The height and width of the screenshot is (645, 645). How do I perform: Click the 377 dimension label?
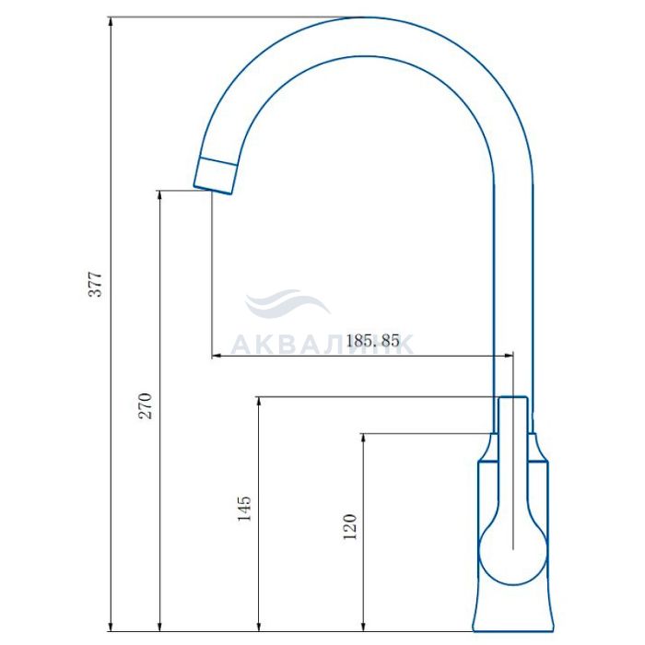pos(95,284)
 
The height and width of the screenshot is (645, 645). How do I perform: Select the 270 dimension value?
pos(145,406)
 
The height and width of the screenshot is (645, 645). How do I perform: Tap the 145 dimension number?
pos(244,509)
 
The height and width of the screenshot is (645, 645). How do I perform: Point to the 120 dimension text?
pos(349,527)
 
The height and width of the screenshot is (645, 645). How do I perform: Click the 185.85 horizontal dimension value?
pos(372,341)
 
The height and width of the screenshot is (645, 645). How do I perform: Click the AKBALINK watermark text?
pos(322,344)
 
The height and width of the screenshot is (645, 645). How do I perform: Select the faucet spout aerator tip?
pos(215,176)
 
